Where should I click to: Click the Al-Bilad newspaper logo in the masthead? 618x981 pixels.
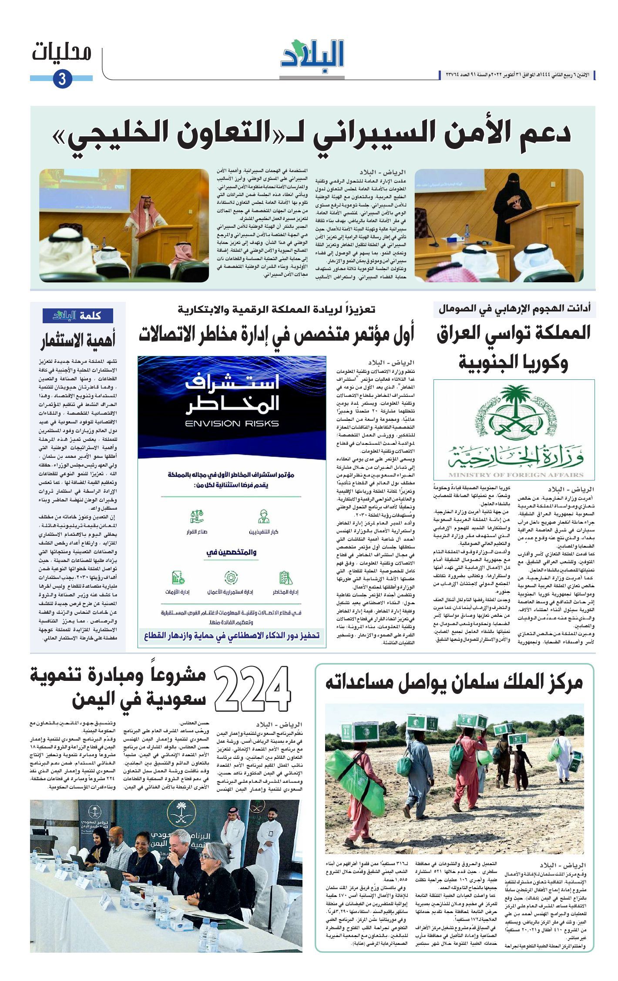pos(312,54)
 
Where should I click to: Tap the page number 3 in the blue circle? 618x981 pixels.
pos(62,79)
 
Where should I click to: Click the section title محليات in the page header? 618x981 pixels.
pos(62,53)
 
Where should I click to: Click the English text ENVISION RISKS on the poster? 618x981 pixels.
pos(232,423)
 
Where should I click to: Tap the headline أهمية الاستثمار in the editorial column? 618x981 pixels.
pos(78,341)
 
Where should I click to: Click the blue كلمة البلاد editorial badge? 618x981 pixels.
pos(78,315)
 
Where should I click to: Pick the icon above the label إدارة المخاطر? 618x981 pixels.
pos(285,578)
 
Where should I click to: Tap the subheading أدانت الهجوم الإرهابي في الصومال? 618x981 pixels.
pos(514,309)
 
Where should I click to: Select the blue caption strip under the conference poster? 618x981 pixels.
pos(232,636)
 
